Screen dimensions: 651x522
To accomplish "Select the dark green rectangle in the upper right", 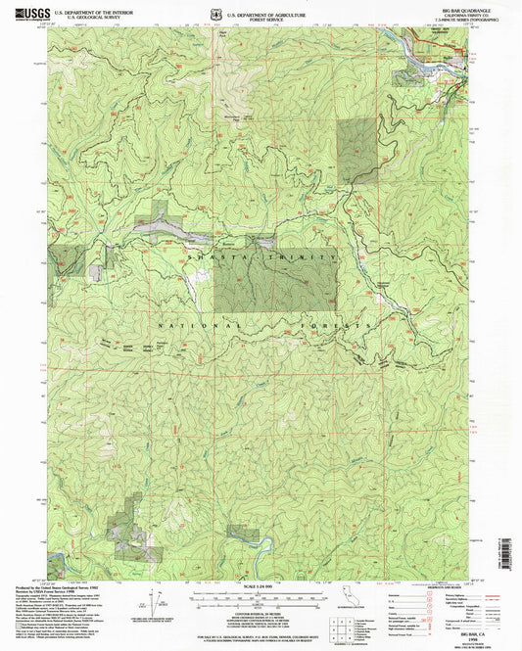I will [x=358, y=151].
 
